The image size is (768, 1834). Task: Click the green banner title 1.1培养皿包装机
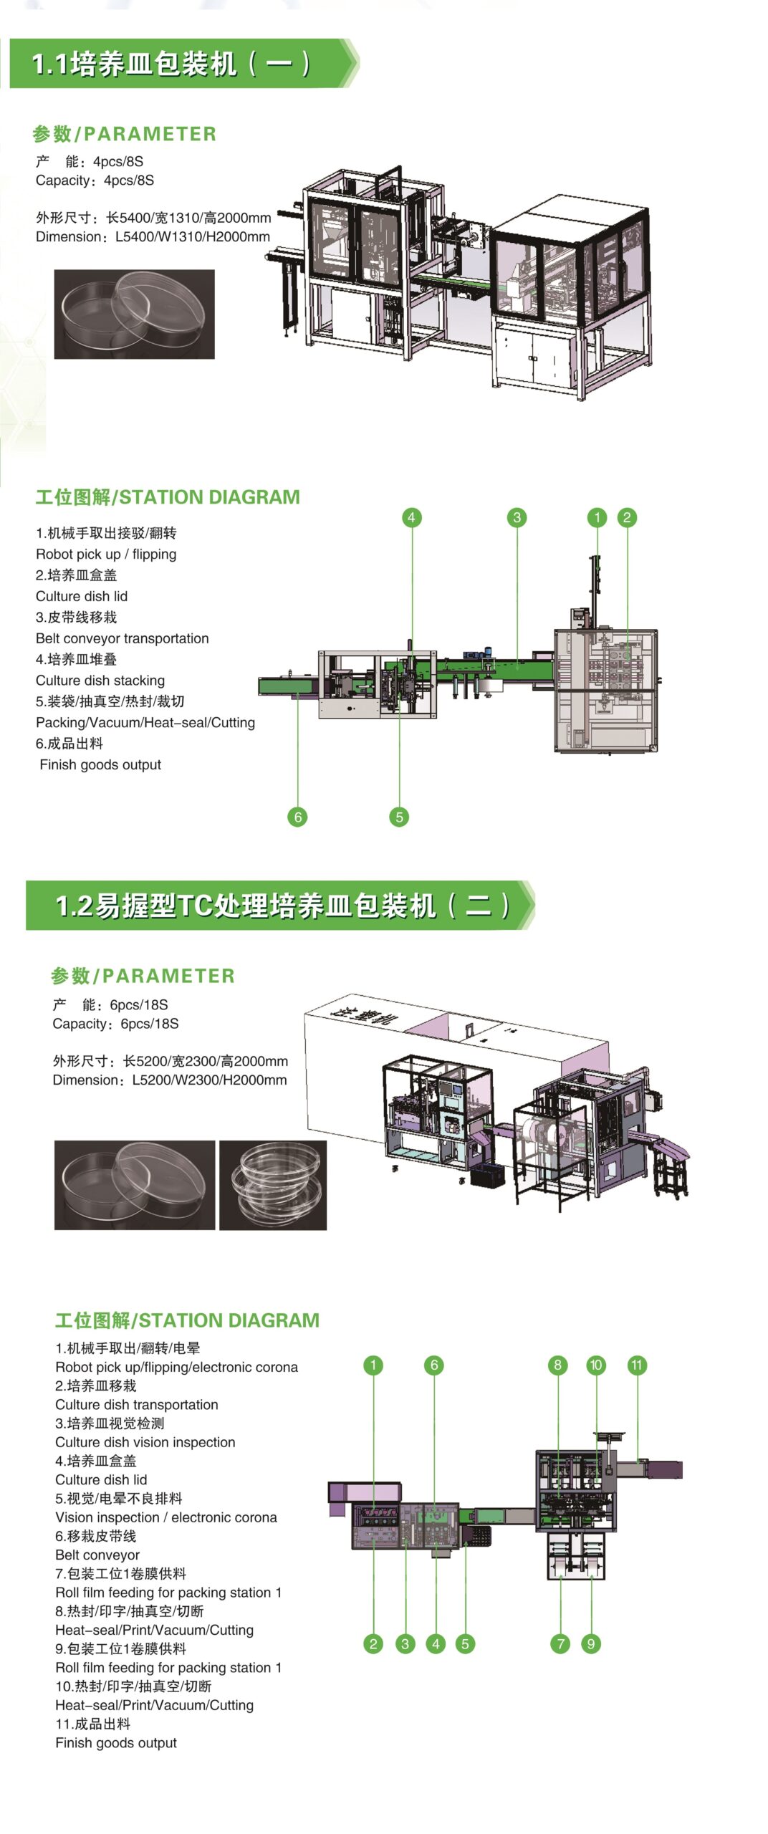tap(172, 64)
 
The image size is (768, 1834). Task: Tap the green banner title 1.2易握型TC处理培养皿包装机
tap(283, 906)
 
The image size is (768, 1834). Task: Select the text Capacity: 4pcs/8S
tap(95, 181)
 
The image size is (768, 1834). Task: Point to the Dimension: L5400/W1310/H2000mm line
tap(153, 236)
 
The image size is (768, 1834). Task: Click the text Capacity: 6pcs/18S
tap(115, 1024)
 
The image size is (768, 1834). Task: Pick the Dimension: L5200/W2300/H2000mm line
tap(170, 1080)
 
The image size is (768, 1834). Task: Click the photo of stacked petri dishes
tap(272, 1185)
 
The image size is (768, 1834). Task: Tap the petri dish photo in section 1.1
tap(135, 314)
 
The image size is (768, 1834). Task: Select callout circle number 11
tap(637, 1365)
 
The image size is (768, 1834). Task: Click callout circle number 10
tap(596, 1365)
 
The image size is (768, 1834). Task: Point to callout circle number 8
tap(558, 1365)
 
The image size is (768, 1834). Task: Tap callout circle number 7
tap(560, 1643)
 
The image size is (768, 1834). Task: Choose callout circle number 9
tap(591, 1643)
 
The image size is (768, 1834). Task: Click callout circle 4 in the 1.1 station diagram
tap(411, 517)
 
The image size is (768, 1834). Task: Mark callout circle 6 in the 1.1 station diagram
tap(297, 817)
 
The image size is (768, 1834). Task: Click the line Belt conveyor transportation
tap(123, 638)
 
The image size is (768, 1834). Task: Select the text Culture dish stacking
tap(100, 681)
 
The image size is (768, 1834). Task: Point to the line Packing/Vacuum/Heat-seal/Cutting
tap(145, 723)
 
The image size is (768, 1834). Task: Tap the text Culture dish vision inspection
tap(145, 1442)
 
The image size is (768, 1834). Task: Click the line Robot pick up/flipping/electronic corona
tap(176, 1367)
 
